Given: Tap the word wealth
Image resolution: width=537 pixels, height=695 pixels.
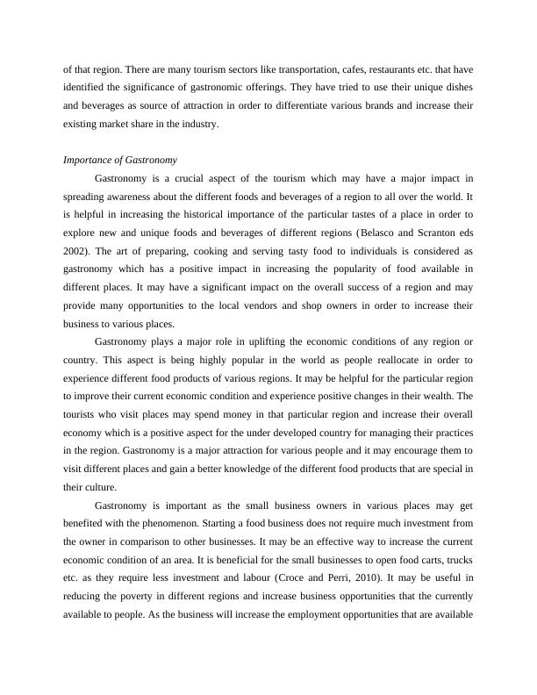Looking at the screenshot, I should pyautogui.click(x=455, y=378).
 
